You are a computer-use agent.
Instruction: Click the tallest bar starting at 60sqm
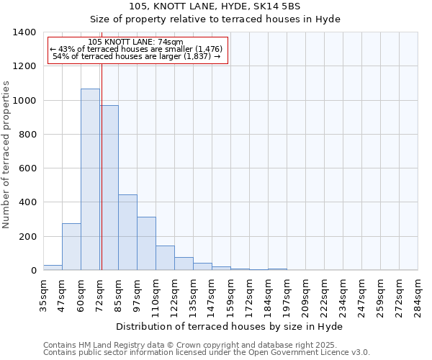point(90,180)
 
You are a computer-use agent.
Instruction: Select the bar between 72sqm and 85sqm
point(109,188)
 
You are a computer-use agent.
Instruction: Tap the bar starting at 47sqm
point(71,247)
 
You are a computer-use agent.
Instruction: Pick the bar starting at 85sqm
point(127,233)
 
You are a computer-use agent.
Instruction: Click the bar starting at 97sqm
point(146,243)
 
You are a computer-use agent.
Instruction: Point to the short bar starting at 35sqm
point(53,267)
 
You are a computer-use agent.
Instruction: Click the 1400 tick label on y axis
point(24,32)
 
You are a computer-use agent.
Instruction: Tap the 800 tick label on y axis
point(27,135)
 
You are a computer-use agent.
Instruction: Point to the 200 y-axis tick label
point(27,237)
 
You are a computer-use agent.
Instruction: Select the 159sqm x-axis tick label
point(230,294)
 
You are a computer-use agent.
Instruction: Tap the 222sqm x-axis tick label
point(324,294)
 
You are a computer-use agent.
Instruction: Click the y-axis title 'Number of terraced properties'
point(7,155)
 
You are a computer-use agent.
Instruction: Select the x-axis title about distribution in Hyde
point(229,326)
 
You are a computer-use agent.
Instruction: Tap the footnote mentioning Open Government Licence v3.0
point(206,353)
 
